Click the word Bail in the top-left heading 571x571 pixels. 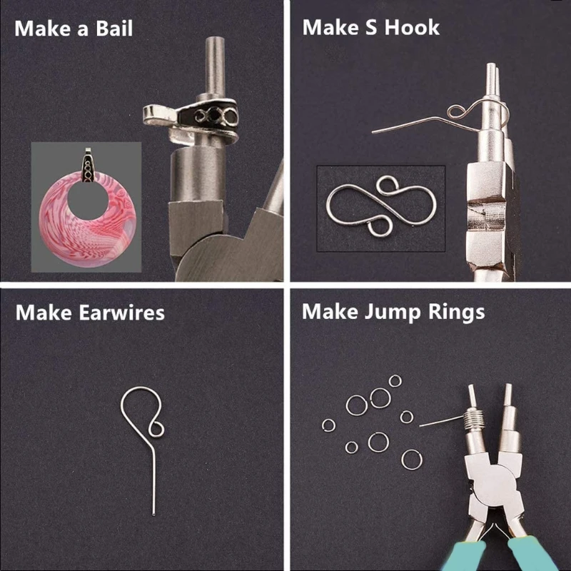pos(110,29)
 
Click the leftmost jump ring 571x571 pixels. pos(328,425)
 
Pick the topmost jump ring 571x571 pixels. pos(395,381)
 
